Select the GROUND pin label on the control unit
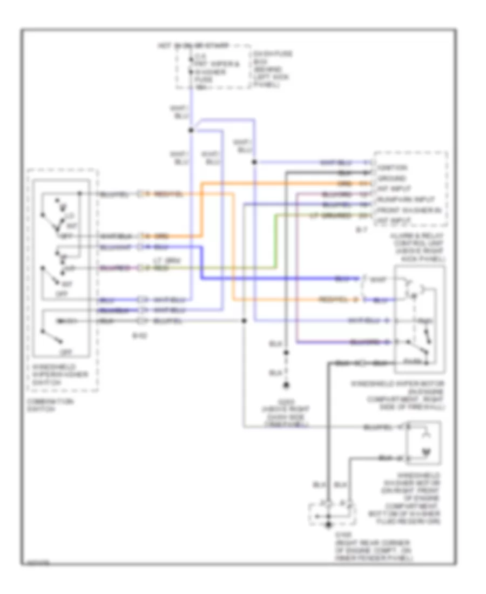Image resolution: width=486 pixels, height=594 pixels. (392, 178)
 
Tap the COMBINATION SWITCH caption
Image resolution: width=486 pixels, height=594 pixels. (44, 406)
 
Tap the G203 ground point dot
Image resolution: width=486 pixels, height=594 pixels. (286, 386)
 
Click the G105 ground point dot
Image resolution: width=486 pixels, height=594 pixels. (328, 524)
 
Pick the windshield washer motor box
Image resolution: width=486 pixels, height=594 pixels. (423, 443)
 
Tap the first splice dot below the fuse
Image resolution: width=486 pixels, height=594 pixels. (190, 130)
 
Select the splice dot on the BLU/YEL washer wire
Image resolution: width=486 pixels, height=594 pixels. (244, 321)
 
